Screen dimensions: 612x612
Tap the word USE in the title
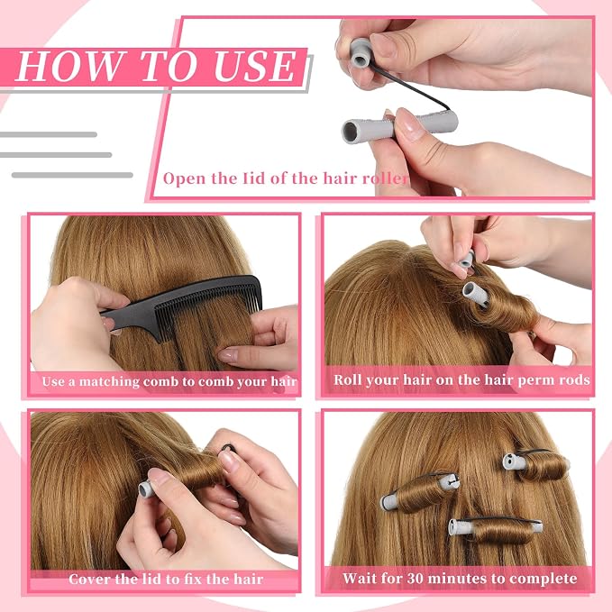tap(255, 67)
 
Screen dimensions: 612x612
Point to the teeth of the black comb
tap(207, 308)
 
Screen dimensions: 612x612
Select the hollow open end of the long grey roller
tap(350, 131)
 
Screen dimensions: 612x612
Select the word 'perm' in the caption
tap(533, 380)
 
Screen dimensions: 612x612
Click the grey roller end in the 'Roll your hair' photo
tap(475, 294)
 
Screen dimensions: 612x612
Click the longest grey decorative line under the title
tap(73, 175)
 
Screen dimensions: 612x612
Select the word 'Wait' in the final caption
tap(360, 578)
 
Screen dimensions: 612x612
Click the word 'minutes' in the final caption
tap(460, 578)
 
